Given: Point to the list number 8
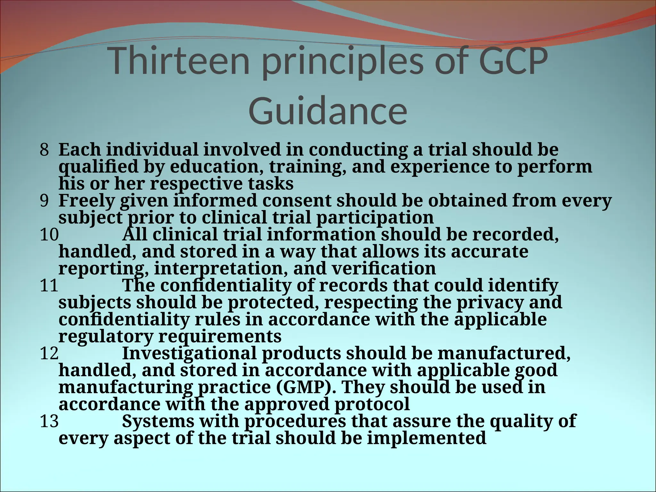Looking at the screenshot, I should pos(44,150).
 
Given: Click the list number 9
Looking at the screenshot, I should pos(44,201).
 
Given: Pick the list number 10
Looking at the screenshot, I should pos(49,235).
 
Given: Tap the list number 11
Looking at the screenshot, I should pos(49,285).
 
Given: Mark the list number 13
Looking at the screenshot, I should pos(49,422).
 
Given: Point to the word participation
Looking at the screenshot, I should pos(375,218).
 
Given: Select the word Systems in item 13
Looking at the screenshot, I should pos(158,422).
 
